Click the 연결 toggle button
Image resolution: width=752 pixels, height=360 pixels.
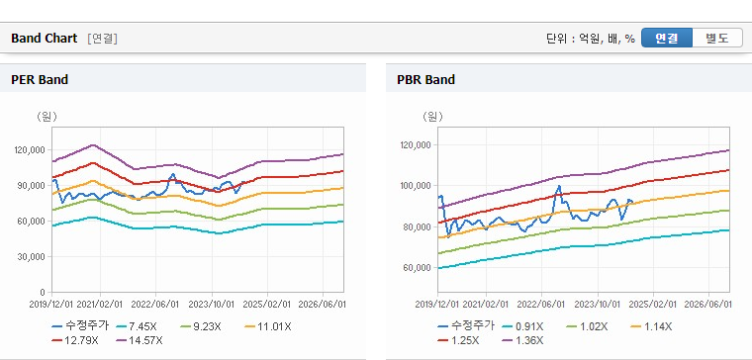point(667,38)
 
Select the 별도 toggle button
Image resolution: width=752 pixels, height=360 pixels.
point(717,38)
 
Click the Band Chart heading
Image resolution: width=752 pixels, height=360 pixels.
point(45,39)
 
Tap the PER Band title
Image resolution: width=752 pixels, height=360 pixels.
point(40,79)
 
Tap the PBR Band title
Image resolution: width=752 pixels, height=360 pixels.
point(425,79)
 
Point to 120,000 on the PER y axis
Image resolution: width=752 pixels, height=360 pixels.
point(31,150)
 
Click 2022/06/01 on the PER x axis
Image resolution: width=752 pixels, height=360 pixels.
point(156,304)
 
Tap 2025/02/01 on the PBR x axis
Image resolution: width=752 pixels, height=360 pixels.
point(653,304)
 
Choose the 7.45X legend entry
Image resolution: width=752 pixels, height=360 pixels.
point(137,327)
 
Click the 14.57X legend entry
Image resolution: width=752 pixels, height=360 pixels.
point(140,340)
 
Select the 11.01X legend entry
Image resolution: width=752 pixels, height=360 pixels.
point(267,327)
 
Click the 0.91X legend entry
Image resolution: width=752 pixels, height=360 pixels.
point(522,327)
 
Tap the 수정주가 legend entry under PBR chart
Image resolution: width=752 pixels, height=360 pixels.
point(466,326)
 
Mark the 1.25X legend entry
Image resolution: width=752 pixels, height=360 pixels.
point(458,340)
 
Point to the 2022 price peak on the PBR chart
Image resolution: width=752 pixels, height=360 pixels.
point(559,186)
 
